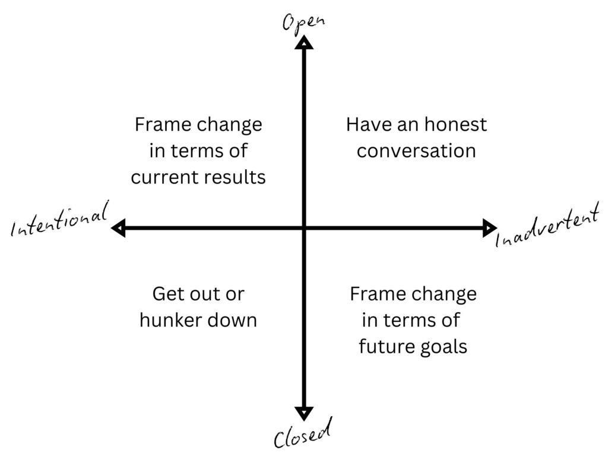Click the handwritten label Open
click(x=303, y=22)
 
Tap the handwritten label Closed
click(x=303, y=433)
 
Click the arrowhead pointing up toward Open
click(x=304, y=42)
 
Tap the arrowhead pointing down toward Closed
click(x=304, y=414)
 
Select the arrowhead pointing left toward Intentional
click(x=118, y=227)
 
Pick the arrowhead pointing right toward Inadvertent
click(x=490, y=227)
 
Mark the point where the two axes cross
click(x=304, y=227)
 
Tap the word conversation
click(x=416, y=151)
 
